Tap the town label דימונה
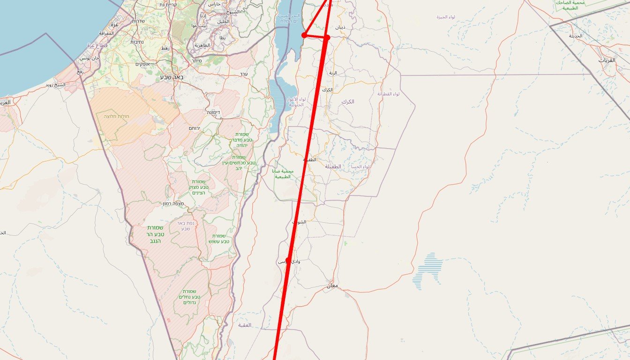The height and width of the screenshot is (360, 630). coord(213,112)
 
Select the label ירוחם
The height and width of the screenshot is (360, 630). coord(194,128)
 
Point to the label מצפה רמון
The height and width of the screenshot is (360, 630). coord(172,203)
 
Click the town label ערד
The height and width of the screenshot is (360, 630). coord(243,74)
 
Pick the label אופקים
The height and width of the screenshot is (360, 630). coord(142,64)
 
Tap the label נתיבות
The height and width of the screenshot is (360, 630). coord(136,42)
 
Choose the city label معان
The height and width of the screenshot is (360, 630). coord(332,285)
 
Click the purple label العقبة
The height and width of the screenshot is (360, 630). coord(244,325)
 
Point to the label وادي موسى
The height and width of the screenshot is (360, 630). coord(289,261)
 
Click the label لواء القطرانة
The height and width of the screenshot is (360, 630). coord(389,94)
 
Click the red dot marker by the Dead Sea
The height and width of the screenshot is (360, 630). coord(304,35)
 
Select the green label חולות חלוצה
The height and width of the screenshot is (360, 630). coord(116,116)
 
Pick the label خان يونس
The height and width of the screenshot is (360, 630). coord(89,58)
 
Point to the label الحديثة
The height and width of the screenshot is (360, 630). coord(576,36)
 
